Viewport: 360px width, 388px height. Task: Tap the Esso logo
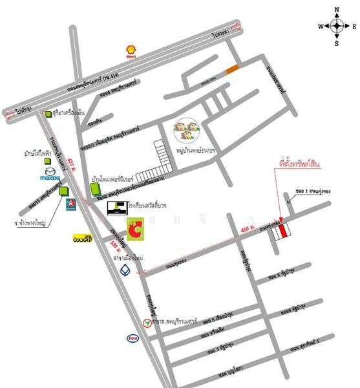[x=132, y=338]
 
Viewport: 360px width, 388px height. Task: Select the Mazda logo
[x=50, y=175]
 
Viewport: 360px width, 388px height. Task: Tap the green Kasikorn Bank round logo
[x=148, y=323]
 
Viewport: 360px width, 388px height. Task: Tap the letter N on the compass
[x=337, y=10]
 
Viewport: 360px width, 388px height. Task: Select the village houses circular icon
[x=187, y=131]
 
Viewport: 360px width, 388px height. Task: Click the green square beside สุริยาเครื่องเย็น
[x=47, y=114]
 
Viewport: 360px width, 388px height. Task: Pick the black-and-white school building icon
[x=117, y=207]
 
